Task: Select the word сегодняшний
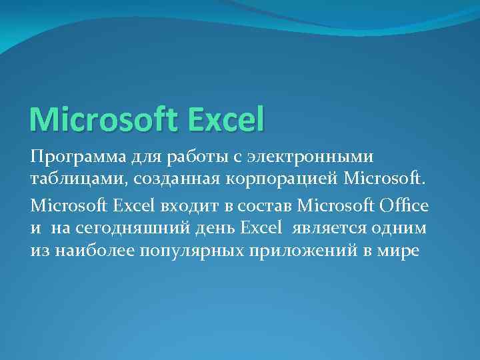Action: point(137,227)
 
